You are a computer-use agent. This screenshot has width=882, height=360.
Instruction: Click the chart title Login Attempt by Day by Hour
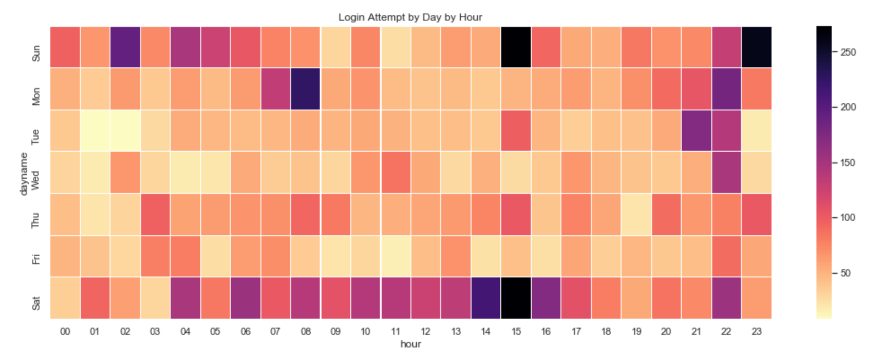tap(410, 18)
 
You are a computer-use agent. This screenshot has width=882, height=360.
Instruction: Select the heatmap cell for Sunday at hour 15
tap(516, 47)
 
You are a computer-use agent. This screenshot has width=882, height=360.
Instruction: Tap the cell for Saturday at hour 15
tap(516, 298)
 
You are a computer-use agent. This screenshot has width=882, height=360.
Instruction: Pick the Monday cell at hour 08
tap(305, 89)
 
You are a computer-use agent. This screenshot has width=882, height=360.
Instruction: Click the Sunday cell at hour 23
tap(757, 47)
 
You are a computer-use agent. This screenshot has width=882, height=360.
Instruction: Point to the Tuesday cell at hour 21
tap(697, 131)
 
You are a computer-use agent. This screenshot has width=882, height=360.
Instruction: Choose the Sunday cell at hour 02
tap(125, 47)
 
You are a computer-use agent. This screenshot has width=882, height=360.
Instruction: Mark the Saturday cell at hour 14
tap(486, 298)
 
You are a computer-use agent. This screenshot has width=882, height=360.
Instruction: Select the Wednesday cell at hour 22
tap(727, 172)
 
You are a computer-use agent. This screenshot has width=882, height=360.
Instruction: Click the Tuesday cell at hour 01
tap(95, 131)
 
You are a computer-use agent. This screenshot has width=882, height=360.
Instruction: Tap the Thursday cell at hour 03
tap(155, 214)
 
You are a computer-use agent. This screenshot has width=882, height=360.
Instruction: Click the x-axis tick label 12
tap(426, 332)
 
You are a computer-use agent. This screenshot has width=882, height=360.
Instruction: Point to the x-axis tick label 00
tap(65, 332)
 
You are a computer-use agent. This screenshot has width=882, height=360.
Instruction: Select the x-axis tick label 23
tap(757, 332)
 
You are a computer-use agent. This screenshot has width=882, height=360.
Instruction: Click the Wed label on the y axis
tap(36, 180)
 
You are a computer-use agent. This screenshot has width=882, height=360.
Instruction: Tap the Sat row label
tap(36, 303)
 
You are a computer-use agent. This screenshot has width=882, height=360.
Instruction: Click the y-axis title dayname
tap(24, 174)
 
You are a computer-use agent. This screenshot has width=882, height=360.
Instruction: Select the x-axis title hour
tap(410, 344)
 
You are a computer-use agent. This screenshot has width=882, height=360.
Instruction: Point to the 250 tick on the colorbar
tap(847, 52)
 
